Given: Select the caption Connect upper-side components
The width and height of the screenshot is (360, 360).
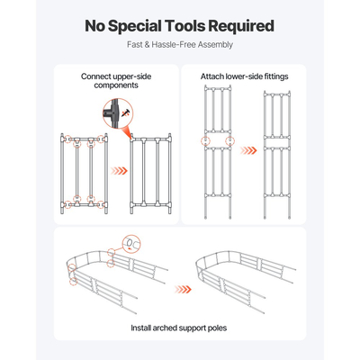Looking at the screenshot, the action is coord(116,81).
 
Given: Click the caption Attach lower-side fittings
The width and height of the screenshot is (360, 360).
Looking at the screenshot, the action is coord(244,76).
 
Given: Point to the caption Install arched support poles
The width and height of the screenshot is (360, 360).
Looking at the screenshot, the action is coord(179,328).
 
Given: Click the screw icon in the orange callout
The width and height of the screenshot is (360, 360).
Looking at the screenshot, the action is coord(124,113).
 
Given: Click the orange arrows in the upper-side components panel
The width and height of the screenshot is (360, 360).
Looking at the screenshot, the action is coord(119,171).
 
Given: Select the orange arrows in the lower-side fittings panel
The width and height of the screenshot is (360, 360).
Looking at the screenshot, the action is coord(248,150).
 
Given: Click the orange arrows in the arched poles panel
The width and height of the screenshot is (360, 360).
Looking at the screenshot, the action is coord(183,290).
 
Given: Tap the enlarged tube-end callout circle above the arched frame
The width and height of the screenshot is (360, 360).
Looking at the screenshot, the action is coord(131,243).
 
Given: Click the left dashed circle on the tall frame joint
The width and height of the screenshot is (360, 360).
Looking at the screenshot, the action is coord(205,140).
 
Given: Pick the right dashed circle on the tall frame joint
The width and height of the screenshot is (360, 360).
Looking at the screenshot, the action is coord(229,140).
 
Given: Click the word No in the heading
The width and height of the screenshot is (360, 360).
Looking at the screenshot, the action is coord(95,26).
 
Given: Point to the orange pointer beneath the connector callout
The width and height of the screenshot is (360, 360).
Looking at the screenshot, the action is coord(128,132).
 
